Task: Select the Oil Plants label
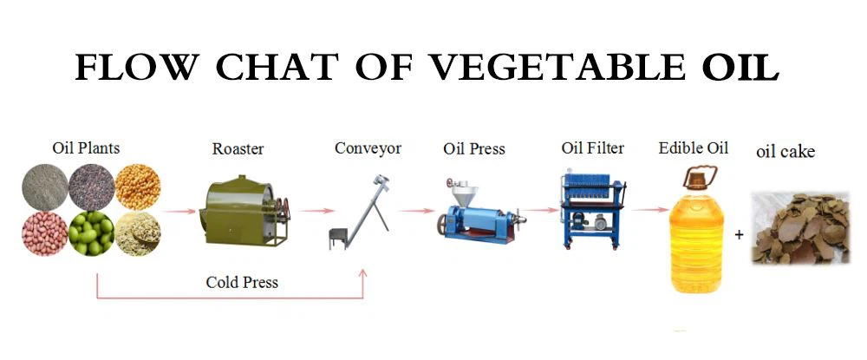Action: click(86, 148)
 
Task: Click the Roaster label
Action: click(238, 149)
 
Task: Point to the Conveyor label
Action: click(368, 148)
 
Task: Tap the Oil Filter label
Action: click(592, 148)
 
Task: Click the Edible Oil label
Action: click(694, 148)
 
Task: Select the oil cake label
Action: click(786, 153)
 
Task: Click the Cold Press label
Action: click(242, 283)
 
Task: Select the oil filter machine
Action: click(593, 209)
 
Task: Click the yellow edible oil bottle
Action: click(694, 233)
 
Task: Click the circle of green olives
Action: click(91, 233)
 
